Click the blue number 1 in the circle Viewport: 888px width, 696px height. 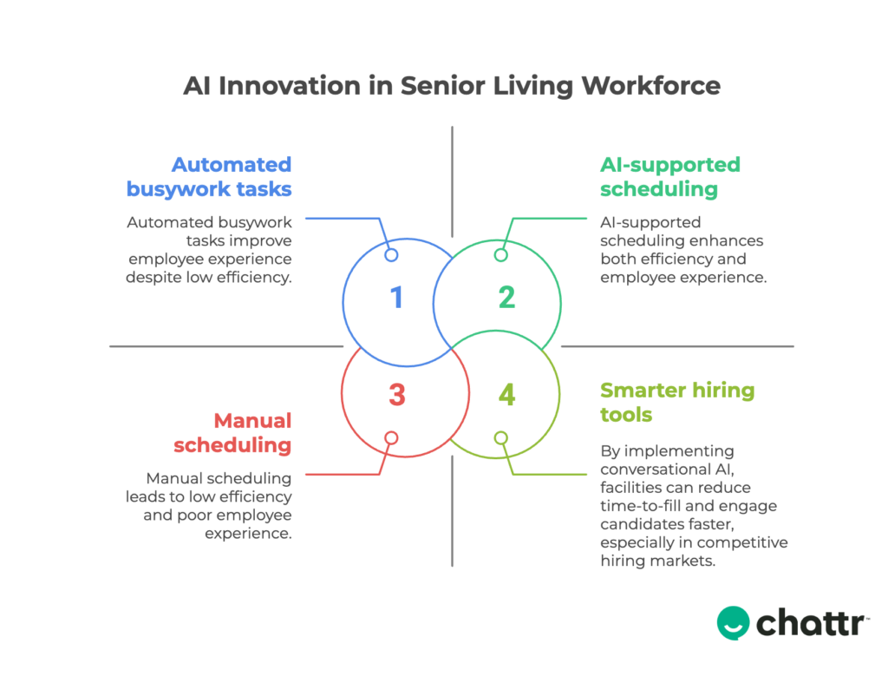396,298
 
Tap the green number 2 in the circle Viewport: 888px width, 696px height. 506,298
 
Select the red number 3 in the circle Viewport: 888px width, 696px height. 397,395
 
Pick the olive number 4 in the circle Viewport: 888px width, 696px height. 506,395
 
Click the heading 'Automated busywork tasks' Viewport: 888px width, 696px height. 209,177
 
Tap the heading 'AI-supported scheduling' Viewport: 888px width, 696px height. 670,177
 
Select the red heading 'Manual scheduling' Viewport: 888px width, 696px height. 232,433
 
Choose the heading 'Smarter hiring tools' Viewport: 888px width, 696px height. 677,403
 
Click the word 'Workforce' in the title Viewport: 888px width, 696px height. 650,86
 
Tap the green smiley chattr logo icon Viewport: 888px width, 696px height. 733,623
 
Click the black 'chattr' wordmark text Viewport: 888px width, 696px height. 811,623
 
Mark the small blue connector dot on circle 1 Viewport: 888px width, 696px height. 391,255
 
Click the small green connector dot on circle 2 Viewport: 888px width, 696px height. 500,255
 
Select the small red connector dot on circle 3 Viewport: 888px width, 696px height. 391,438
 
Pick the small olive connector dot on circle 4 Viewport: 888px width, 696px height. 500,438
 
